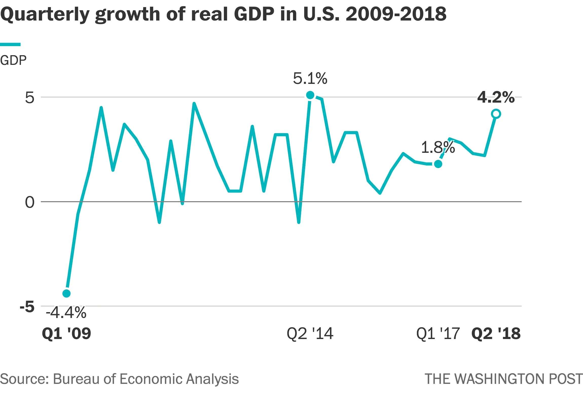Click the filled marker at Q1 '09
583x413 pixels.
coord(66,293)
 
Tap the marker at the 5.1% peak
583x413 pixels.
coord(310,95)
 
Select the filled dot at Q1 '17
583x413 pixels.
coord(438,164)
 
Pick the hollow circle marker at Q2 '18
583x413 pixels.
coord(496,114)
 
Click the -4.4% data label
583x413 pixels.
coord(66,313)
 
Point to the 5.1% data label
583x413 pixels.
coord(310,78)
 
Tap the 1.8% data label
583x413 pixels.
coord(438,147)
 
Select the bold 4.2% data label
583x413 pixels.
coord(496,97)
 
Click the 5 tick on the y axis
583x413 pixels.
coord(29,98)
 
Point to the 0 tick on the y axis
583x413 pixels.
coord(29,202)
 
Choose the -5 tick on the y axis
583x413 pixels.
coord(27,307)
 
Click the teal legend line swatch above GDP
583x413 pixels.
coord(10,45)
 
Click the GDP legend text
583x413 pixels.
coord(13,61)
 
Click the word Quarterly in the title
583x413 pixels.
coord(45,14)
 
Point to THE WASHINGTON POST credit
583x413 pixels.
coord(503,379)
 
